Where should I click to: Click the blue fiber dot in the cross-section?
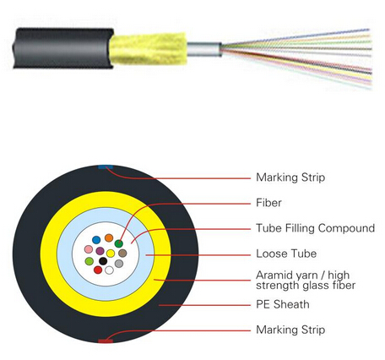click(x=96, y=240)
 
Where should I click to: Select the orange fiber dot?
click(x=109, y=237)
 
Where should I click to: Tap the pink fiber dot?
click(x=89, y=249)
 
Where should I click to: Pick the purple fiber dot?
click(x=100, y=250)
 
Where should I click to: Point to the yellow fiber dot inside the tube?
click(x=111, y=253)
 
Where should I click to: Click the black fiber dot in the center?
click(x=103, y=261)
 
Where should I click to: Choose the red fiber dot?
click(x=98, y=270)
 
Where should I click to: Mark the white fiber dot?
click(x=109, y=270)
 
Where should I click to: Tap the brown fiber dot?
click(x=122, y=253)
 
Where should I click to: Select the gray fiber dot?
click(x=119, y=264)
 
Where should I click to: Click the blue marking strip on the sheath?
click(x=106, y=167)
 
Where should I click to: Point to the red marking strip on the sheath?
click(x=106, y=341)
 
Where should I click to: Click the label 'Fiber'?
click(x=268, y=203)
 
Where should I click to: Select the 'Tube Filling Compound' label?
click(x=316, y=228)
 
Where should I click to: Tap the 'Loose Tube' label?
click(x=286, y=254)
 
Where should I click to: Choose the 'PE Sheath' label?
click(x=283, y=304)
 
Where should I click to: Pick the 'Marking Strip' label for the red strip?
click(x=290, y=330)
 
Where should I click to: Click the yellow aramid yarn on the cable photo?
click(x=149, y=48)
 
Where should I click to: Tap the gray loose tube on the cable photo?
click(x=204, y=49)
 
